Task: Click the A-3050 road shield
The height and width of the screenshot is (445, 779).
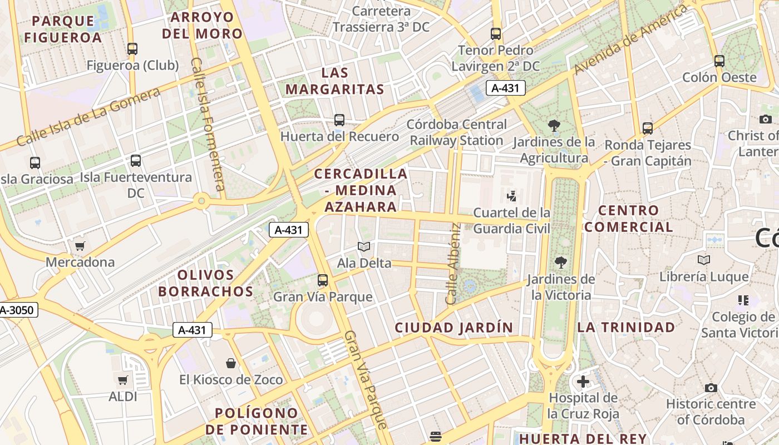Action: tap(18, 310)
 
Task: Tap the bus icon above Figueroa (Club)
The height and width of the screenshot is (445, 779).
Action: tap(132, 49)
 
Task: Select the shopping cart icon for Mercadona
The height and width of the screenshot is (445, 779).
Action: tap(80, 246)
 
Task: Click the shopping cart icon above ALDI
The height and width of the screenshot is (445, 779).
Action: tap(122, 380)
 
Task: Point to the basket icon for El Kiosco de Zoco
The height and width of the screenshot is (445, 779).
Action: tap(231, 364)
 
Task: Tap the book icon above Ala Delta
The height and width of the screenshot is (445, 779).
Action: tap(364, 246)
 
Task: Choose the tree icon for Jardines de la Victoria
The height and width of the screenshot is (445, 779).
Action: tap(560, 262)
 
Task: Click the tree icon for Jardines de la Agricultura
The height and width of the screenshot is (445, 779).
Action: tap(554, 126)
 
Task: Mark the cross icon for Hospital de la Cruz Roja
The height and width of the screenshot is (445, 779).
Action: tap(583, 382)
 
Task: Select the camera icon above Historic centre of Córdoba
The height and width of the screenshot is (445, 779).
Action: tap(711, 388)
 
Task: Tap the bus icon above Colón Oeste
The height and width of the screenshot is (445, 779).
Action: tap(719, 61)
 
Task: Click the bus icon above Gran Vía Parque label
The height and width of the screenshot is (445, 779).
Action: tap(323, 280)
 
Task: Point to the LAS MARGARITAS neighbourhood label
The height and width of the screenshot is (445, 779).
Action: tap(335, 81)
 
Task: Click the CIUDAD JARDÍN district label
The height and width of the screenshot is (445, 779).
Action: tap(453, 328)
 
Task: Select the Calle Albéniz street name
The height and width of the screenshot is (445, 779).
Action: tap(454, 264)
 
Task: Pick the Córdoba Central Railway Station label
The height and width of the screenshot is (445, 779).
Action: tap(456, 132)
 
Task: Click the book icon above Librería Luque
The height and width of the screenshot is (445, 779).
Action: tap(704, 260)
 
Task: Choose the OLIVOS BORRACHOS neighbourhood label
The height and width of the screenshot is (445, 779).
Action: tap(205, 283)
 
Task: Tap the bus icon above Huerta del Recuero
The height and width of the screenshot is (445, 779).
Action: tap(339, 120)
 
